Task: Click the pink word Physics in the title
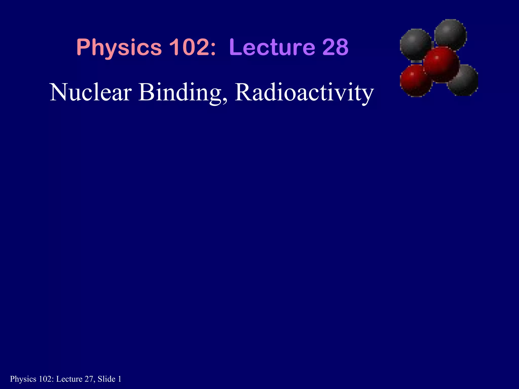pyautogui.click(x=119, y=48)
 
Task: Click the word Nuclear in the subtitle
pyautogui.click(x=91, y=92)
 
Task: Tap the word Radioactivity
pyautogui.click(x=304, y=93)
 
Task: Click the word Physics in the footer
pyautogui.click(x=23, y=379)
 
